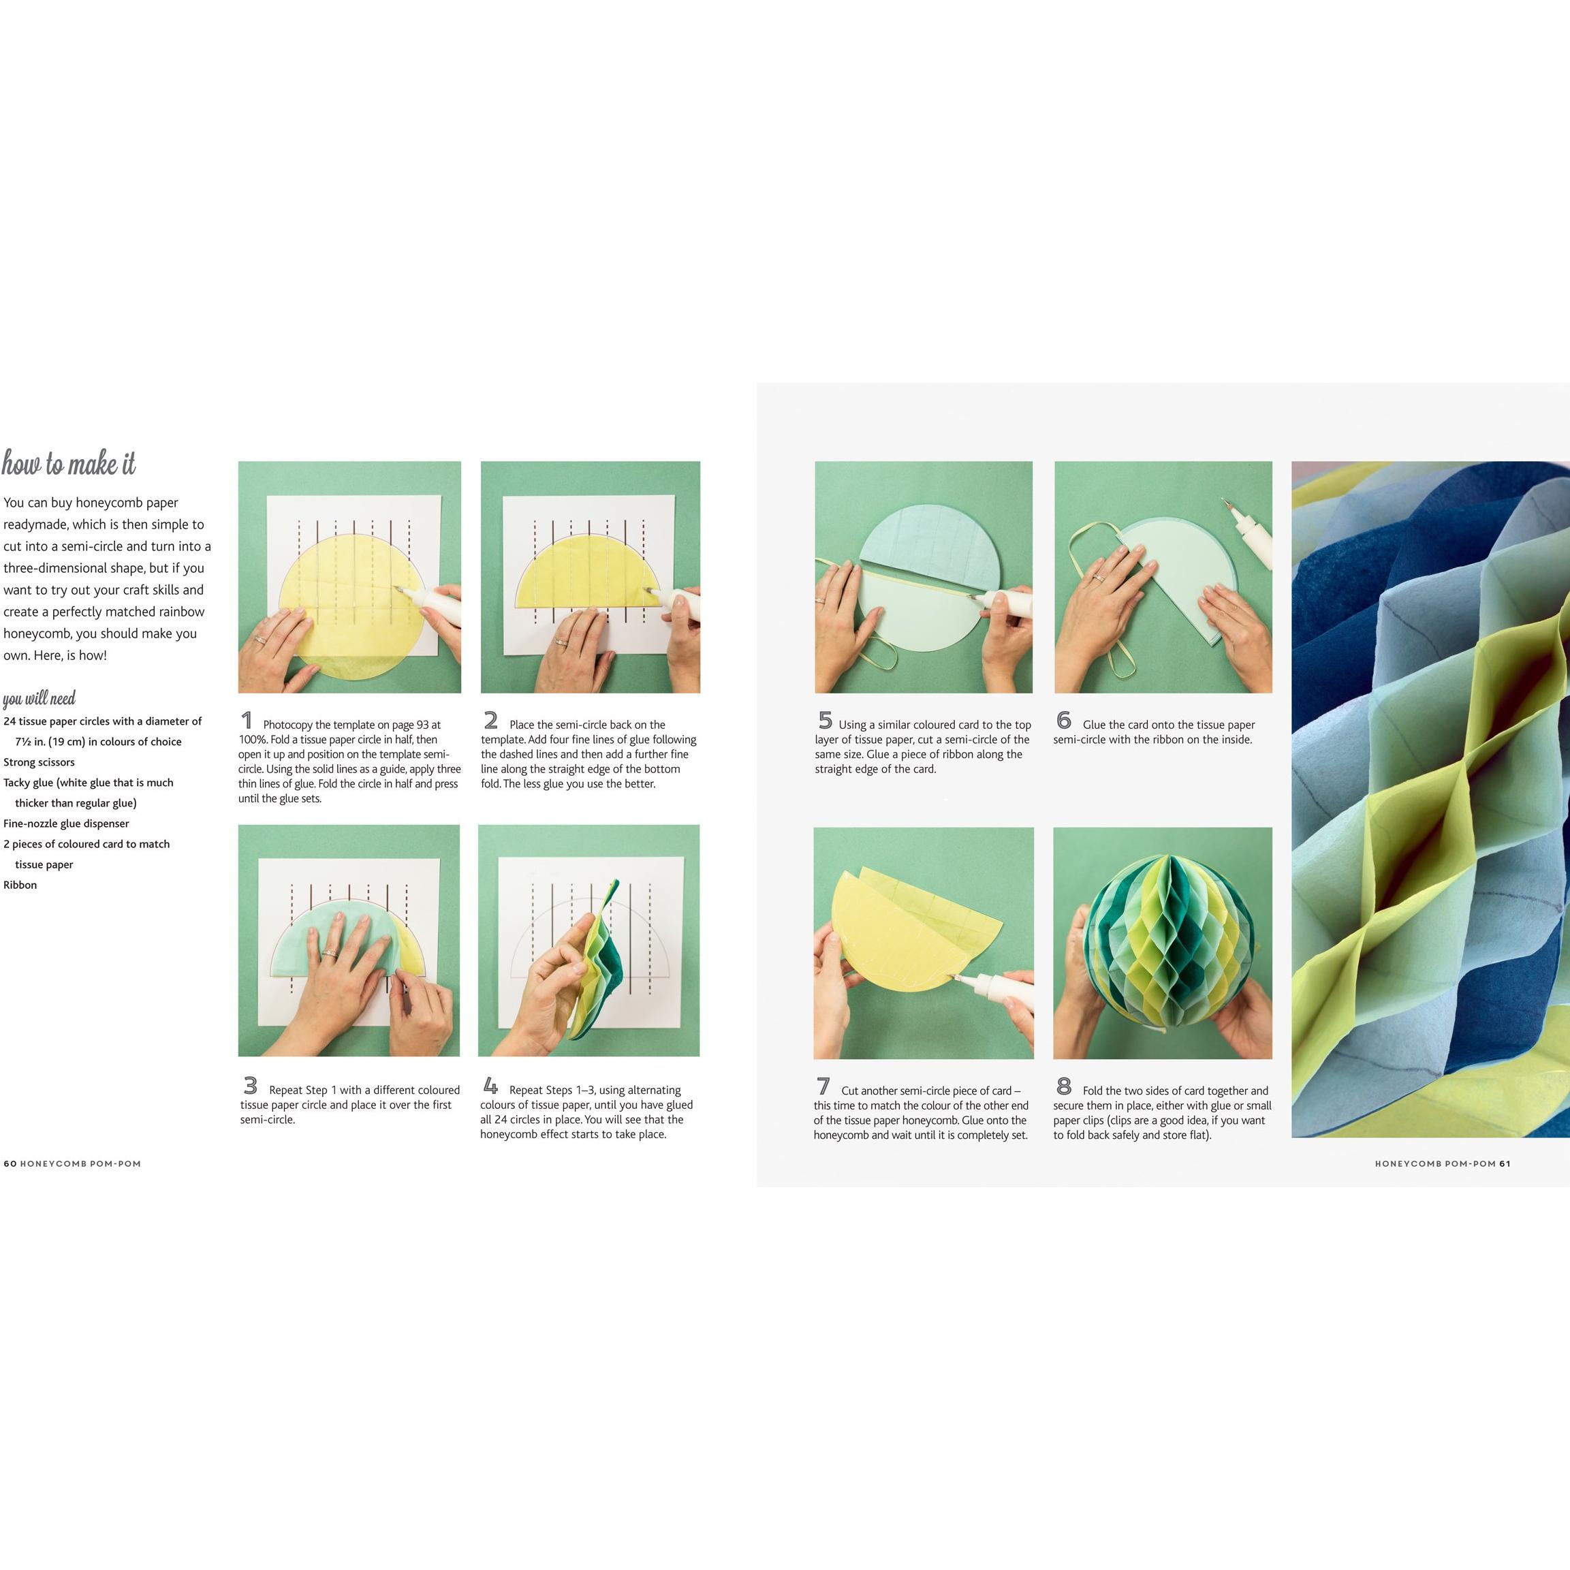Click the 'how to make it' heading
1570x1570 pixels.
tap(68, 464)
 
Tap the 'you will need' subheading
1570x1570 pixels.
tap(39, 698)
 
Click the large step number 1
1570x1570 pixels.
tap(247, 720)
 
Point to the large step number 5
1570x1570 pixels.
tap(825, 720)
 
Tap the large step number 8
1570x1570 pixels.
tap(1064, 1086)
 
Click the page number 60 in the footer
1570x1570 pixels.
tap(10, 1163)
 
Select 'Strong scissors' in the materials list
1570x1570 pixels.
tap(39, 762)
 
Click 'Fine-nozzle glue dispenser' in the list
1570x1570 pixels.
tap(66, 823)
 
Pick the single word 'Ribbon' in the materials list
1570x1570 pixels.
tap(20, 885)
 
